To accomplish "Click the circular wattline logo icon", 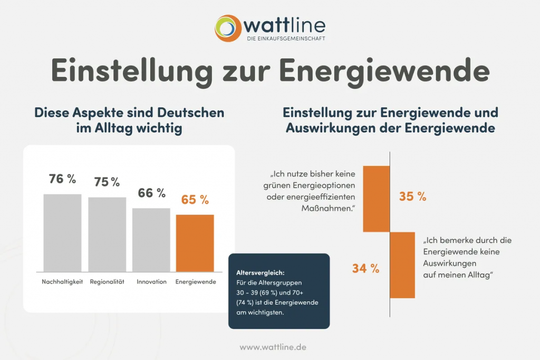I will point(228,28).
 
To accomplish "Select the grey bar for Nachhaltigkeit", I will point(62,232).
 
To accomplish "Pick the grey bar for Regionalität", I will point(107,234).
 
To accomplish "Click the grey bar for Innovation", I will point(151,240).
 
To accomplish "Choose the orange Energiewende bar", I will point(195,243).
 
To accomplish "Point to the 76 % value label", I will point(62,179).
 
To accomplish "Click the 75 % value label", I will point(107,182).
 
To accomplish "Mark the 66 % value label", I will point(152,193).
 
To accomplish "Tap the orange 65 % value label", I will point(195,200).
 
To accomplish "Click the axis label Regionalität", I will point(107,281).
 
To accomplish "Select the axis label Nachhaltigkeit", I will point(62,281).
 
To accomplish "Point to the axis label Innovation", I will point(151,281).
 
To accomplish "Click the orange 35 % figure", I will point(412,197).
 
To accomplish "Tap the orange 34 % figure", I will point(366,268).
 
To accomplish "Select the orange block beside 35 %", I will point(376,199).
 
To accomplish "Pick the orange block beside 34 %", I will point(402,265).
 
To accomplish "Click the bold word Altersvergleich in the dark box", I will point(260,273).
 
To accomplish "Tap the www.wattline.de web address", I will point(273,347).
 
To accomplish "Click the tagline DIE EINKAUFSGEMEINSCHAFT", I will point(286,38).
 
